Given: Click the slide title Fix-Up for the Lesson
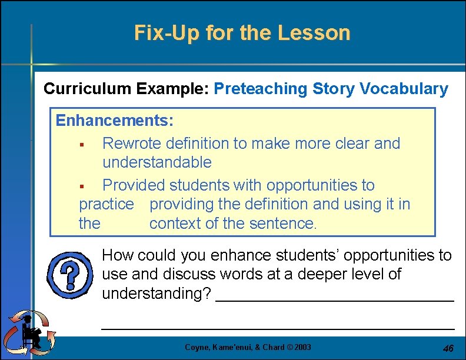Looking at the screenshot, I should pos(242,32).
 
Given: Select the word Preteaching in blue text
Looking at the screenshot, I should pos(261,89).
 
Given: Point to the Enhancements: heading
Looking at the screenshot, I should pos(114,121).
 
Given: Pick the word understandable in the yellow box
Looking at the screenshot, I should pos(157,162).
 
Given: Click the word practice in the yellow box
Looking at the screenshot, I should pos(106,204).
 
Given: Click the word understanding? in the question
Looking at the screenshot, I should pos(157,292).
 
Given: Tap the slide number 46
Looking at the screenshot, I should pos(448,348).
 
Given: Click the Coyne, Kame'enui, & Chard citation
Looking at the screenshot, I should pos(230,347).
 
